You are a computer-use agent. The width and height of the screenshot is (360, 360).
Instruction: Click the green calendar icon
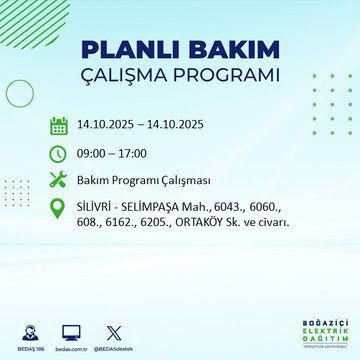58,126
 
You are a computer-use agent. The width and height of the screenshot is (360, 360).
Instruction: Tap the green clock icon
58,154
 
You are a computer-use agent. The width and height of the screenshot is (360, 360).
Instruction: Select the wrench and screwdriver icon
58,182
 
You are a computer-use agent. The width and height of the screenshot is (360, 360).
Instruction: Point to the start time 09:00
94,154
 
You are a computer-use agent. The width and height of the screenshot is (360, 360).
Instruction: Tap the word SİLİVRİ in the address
98,207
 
